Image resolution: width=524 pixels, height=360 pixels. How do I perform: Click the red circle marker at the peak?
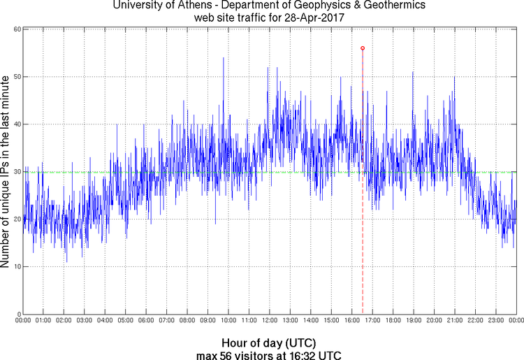(x=363, y=48)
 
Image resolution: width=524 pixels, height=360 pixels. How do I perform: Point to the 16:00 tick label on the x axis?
(x=351, y=320)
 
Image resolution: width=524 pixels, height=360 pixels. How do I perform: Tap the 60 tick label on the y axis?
(x=15, y=29)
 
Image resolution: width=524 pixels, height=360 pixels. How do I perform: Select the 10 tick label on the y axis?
(x=15, y=266)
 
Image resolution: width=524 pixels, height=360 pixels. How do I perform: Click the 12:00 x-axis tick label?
(x=269, y=320)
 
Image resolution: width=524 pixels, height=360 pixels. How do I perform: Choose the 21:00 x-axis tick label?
(x=454, y=320)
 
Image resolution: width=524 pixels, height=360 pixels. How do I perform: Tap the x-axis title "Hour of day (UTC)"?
(x=269, y=343)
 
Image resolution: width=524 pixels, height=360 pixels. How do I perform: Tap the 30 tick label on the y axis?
(x=15, y=172)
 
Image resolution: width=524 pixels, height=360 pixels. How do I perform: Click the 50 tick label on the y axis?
(x=15, y=77)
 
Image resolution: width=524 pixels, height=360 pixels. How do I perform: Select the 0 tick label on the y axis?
(x=17, y=314)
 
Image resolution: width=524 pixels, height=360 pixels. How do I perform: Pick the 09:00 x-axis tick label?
(x=208, y=320)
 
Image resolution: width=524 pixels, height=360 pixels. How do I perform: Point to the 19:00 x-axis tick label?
(x=413, y=320)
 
